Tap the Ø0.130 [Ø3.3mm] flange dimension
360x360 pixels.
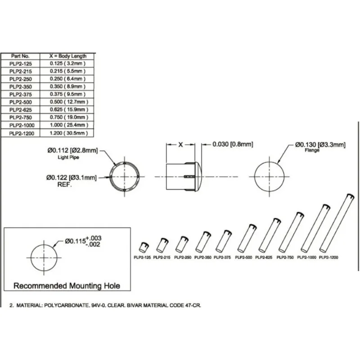320,144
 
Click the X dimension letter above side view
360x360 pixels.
180,144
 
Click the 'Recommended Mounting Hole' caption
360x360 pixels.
67,286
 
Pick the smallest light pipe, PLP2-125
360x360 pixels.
143,247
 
